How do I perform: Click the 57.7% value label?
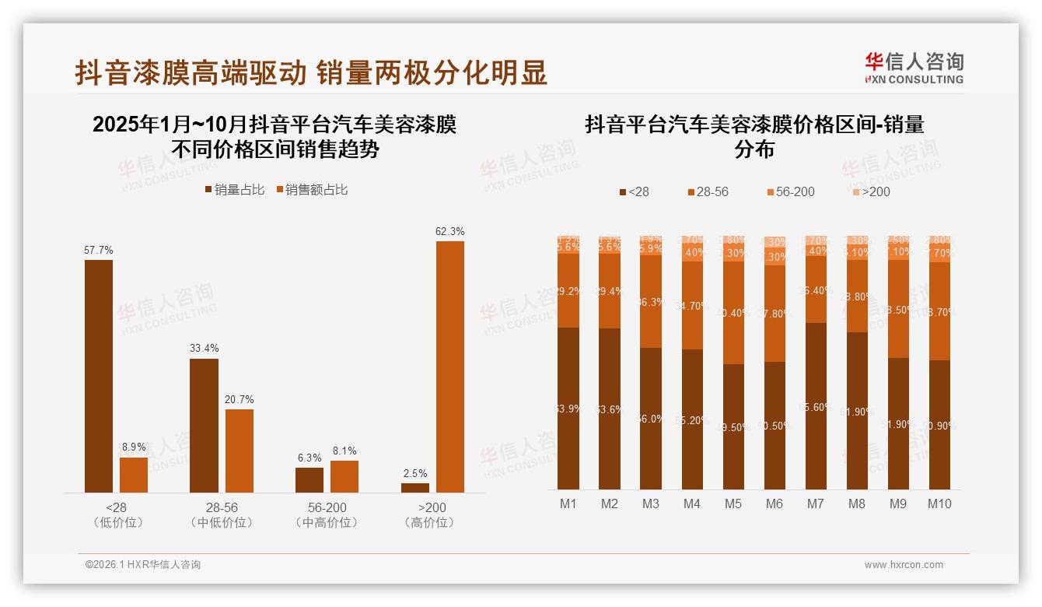99,251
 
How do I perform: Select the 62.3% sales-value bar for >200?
449,366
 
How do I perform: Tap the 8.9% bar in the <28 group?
134,475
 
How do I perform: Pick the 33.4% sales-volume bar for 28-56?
204,425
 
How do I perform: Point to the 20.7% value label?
240,400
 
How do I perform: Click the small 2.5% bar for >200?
415,488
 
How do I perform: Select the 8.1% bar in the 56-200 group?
344,476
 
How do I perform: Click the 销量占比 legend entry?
235,190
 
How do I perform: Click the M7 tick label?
815,504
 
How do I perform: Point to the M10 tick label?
939,504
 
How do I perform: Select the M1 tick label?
568,504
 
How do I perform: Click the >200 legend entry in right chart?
870,191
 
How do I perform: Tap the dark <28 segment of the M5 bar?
733,426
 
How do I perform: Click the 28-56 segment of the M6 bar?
775,314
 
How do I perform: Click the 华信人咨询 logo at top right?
914,68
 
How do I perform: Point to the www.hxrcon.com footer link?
904,565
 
